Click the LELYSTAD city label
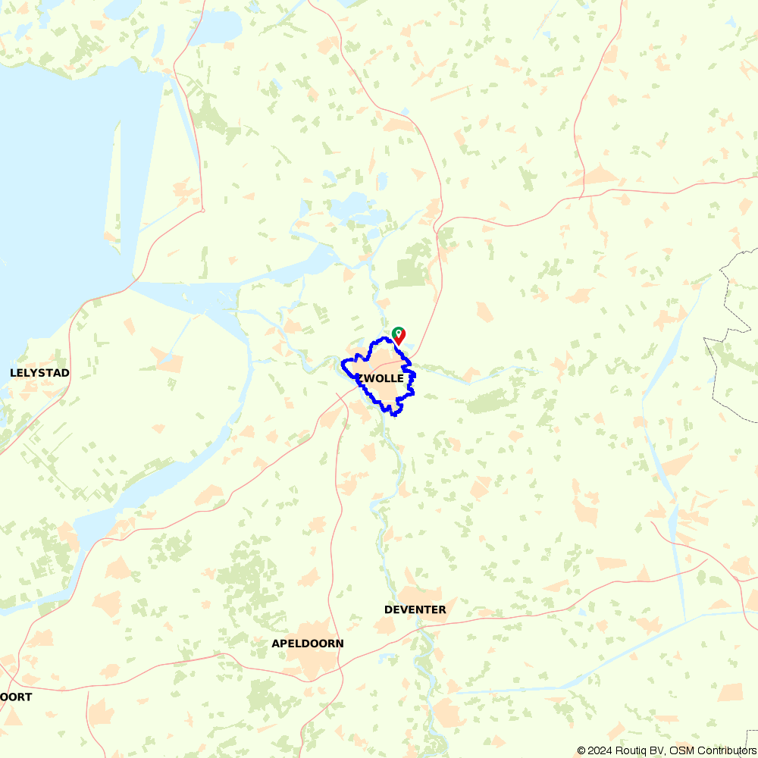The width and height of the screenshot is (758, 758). pyautogui.click(x=39, y=373)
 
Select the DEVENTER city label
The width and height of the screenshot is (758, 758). pyautogui.click(x=415, y=609)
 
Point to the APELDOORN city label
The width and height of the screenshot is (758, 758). pyautogui.click(x=307, y=644)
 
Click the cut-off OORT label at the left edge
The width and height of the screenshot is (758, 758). pyautogui.click(x=16, y=697)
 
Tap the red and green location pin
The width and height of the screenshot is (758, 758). pyautogui.click(x=399, y=335)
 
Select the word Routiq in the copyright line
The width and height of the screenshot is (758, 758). pyautogui.click(x=626, y=750)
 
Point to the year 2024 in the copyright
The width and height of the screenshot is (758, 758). pyautogui.click(x=599, y=750)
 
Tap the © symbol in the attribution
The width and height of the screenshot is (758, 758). pyautogui.click(x=581, y=750)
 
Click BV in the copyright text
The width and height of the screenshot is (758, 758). pyautogui.click(x=653, y=750)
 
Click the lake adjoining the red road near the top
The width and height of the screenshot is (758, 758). pyautogui.click(x=216, y=27)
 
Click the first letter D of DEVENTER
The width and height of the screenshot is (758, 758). pyautogui.click(x=388, y=609)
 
